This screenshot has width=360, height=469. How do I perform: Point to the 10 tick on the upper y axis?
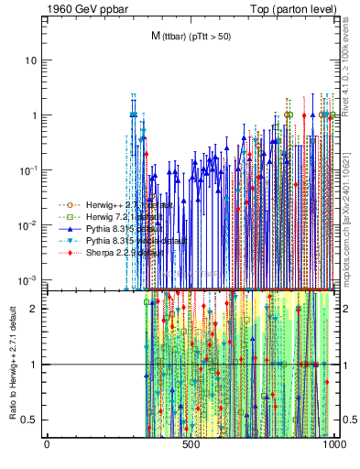32,60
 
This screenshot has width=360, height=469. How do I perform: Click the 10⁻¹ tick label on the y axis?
28,170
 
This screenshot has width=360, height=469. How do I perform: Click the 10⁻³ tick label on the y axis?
28,279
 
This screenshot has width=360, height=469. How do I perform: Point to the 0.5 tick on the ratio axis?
32,420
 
